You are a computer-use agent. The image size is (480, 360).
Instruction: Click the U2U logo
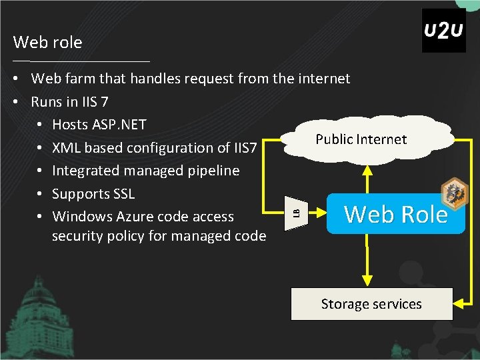[x=443, y=30]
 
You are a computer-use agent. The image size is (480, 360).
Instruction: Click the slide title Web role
[x=48, y=43]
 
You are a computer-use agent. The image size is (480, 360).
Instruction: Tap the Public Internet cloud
[x=361, y=139]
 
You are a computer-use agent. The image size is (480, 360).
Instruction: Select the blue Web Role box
[x=395, y=214]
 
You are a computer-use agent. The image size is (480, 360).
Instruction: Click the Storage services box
[x=371, y=304]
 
